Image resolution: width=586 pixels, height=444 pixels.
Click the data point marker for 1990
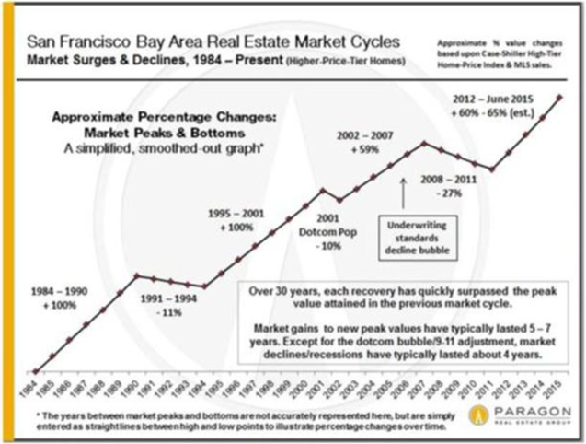[x=137, y=275]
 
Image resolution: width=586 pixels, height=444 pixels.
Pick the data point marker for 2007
[x=423, y=143]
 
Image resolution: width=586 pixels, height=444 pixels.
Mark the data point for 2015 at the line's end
[x=560, y=96]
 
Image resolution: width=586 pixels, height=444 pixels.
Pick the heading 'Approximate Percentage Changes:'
[x=181, y=119]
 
